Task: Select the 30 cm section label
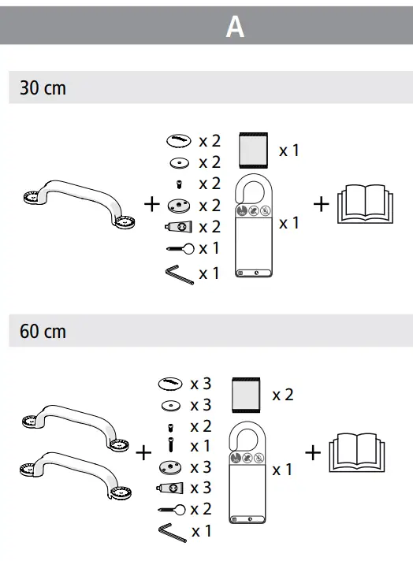point(43,88)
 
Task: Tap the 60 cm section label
point(43,331)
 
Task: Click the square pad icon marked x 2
point(247,395)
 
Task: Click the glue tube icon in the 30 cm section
point(178,227)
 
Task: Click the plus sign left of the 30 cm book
point(321,204)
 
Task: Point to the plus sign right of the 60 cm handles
point(143,453)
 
